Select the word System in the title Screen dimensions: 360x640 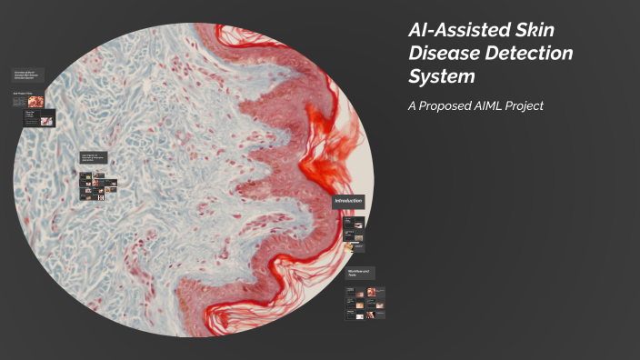[x=441, y=76]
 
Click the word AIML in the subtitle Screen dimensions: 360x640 [x=501, y=105]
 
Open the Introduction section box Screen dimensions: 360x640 [x=348, y=201]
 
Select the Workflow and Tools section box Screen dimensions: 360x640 [x=359, y=273]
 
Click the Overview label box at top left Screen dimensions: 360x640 [x=28, y=75]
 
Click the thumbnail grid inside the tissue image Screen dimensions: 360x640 [x=97, y=186]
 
